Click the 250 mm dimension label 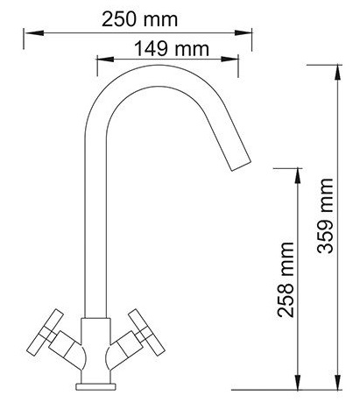[139, 19]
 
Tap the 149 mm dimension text [172, 49]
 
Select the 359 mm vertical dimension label [325, 215]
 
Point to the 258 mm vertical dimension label [286, 279]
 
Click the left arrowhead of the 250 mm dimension [33, 32]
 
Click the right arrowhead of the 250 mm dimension [244, 32]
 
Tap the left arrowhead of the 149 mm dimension [106, 59]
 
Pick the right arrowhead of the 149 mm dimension [229, 59]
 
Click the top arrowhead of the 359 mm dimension [337, 72]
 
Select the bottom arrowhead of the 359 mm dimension [337, 382]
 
